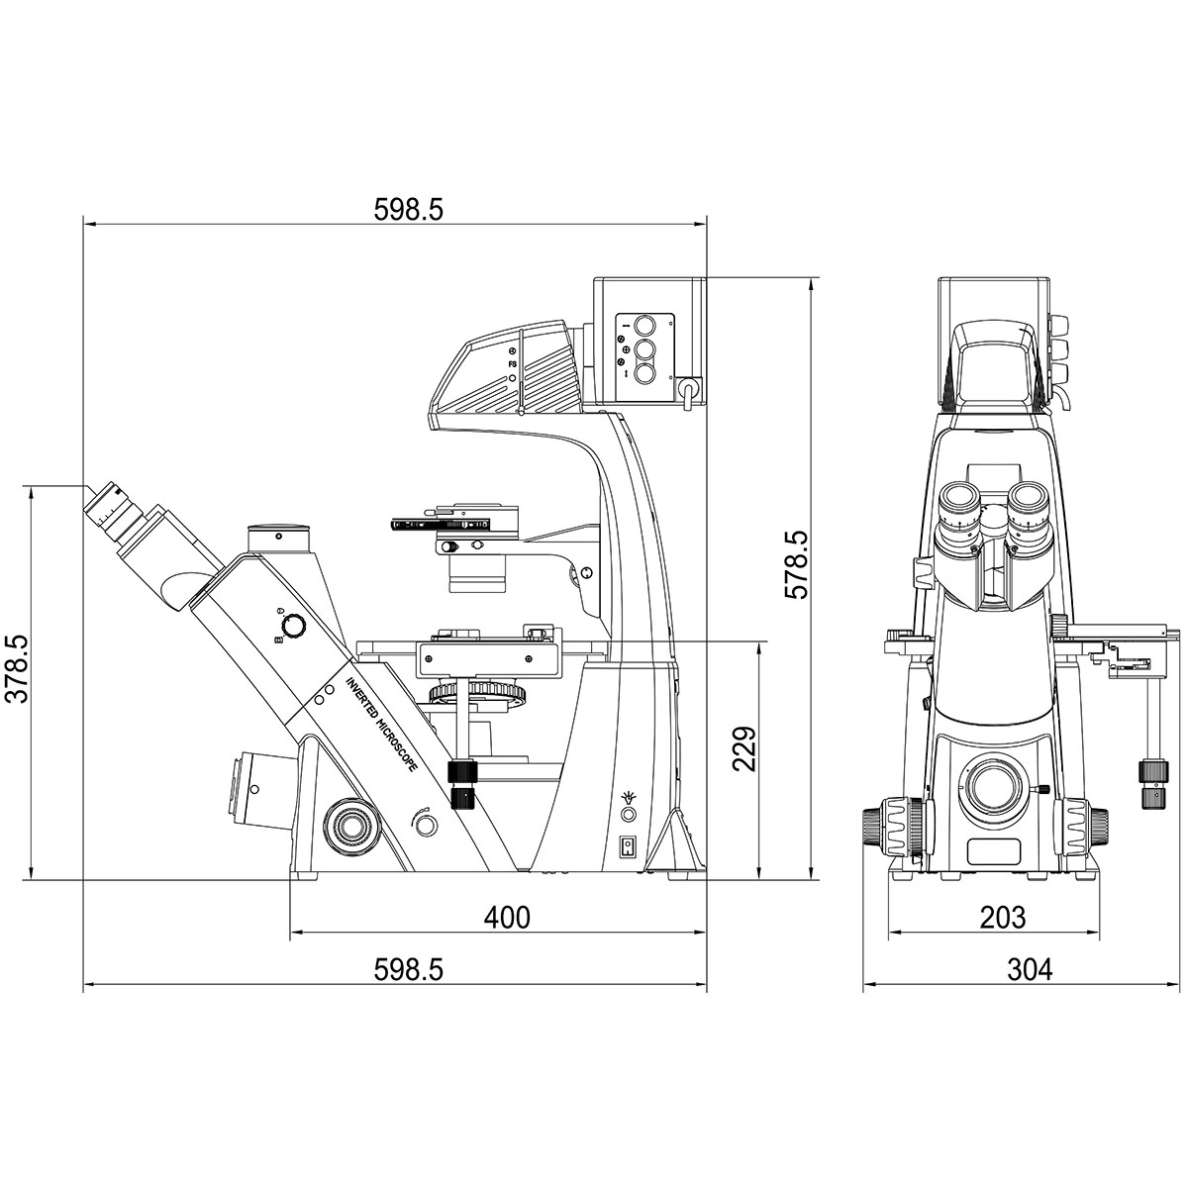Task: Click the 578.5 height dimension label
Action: click(795, 564)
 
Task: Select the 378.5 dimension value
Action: click(17, 668)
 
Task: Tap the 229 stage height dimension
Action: click(744, 748)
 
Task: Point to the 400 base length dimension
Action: click(507, 918)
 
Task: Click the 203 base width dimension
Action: click(1002, 918)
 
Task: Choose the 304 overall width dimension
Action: click(1030, 969)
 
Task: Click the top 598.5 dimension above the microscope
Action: click(409, 210)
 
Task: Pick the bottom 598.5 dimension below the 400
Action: click(409, 969)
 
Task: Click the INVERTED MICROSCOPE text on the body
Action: click(381, 724)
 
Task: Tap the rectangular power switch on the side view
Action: click(628, 845)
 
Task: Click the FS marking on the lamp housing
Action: click(513, 364)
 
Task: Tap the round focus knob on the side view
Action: click(350, 827)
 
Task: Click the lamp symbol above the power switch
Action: click(627, 796)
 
